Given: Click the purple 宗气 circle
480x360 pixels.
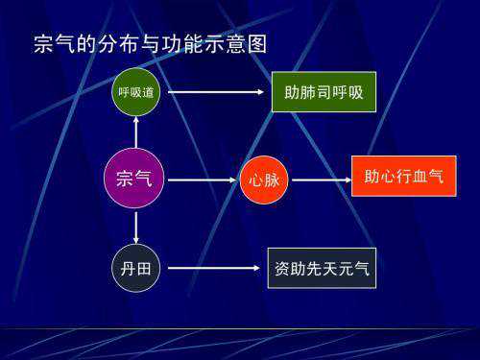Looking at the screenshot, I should [x=136, y=178].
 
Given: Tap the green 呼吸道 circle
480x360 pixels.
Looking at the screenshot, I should [x=136, y=92].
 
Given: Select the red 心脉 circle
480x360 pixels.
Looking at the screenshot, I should [x=264, y=179].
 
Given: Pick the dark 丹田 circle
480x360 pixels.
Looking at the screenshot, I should [x=136, y=268].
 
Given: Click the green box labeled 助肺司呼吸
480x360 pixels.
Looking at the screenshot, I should [x=324, y=92].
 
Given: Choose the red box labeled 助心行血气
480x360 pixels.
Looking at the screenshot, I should [x=403, y=177].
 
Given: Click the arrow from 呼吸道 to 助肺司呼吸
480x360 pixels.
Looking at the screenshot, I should [x=216, y=92].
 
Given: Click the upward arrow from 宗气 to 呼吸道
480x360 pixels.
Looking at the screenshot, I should [x=136, y=132].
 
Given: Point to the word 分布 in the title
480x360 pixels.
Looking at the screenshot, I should [x=119, y=44].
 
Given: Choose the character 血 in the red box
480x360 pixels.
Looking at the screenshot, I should [x=419, y=177].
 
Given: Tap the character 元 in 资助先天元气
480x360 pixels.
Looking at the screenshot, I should [x=338, y=267].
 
